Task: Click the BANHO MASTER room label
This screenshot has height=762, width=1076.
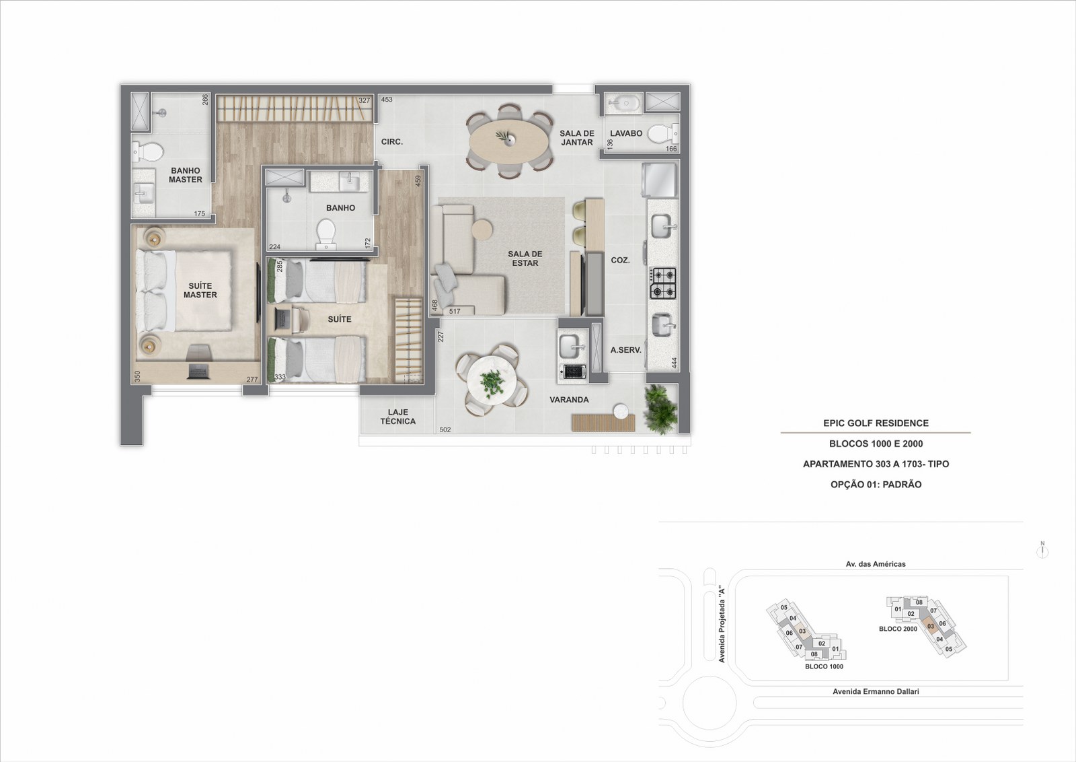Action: click(186, 175)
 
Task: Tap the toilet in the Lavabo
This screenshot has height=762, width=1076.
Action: click(663, 133)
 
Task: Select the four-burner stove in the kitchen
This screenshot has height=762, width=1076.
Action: click(663, 283)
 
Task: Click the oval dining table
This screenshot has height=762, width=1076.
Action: click(510, 141)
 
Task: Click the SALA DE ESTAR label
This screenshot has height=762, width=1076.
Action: click(525, 258)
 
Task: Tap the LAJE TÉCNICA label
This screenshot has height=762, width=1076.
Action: click(397, 417)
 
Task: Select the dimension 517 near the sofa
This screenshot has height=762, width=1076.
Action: click(455, 311)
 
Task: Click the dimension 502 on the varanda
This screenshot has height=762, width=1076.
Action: click(445, 429)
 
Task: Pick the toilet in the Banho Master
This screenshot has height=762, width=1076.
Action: click(148, 152)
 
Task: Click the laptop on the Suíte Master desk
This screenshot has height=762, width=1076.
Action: click(198, 371)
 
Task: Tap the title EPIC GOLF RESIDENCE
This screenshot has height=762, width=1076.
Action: click(876, 423)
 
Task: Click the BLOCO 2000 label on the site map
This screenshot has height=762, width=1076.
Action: click(898, 628)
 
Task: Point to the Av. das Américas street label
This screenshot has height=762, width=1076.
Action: click(876, 564)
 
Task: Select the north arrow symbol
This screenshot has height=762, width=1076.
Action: click(1042, 550)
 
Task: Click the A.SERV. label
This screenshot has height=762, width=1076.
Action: click(626, 350)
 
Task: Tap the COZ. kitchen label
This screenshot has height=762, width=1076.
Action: click(620, 260)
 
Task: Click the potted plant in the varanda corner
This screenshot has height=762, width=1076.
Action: click(660, 408)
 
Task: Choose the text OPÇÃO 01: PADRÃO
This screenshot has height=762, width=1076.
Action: click(876, 485)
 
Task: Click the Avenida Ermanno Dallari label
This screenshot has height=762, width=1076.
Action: click(876, 691)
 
